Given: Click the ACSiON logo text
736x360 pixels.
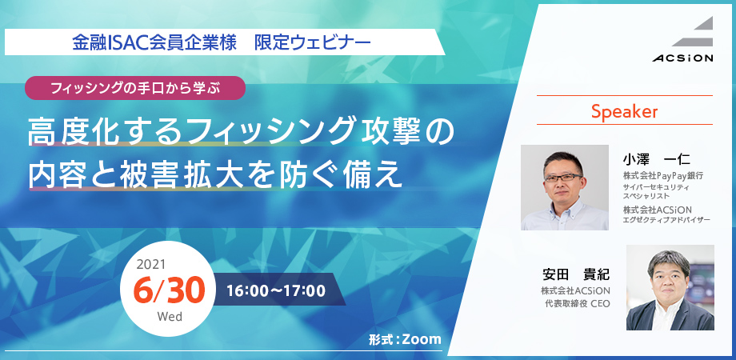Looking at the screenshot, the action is pyautogui.click(x=682, y=58).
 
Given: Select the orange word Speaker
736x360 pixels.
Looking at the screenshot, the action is pyautogui.click(x=624, y=111).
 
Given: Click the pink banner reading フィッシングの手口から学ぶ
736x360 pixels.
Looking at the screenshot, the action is pyautogui.click(x=135, y=88).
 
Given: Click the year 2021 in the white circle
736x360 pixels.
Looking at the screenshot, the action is pyautogui.click(x=150, y=264).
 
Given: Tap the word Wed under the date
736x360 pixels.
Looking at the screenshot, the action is pyautogui.click(x=170, y=316).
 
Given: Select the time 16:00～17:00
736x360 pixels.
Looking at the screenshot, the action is pyautogui.click(x=276, y=291).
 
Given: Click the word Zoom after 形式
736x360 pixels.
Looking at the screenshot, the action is pyautogui.click(x=422, y=339).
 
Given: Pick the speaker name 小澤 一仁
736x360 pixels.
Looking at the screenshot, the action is pyautogui.click(x=656, y=159).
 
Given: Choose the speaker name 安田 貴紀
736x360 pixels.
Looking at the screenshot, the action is pyautogui.click(x=576, y=274).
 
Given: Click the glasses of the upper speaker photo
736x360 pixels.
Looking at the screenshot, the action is pyautogui.click(x=563, y=178).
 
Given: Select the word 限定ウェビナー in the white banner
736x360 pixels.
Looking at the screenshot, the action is pyautogui.click(x=313, y=42).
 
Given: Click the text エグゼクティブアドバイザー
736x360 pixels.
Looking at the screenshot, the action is pyautogui.click(x=666, y=219).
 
